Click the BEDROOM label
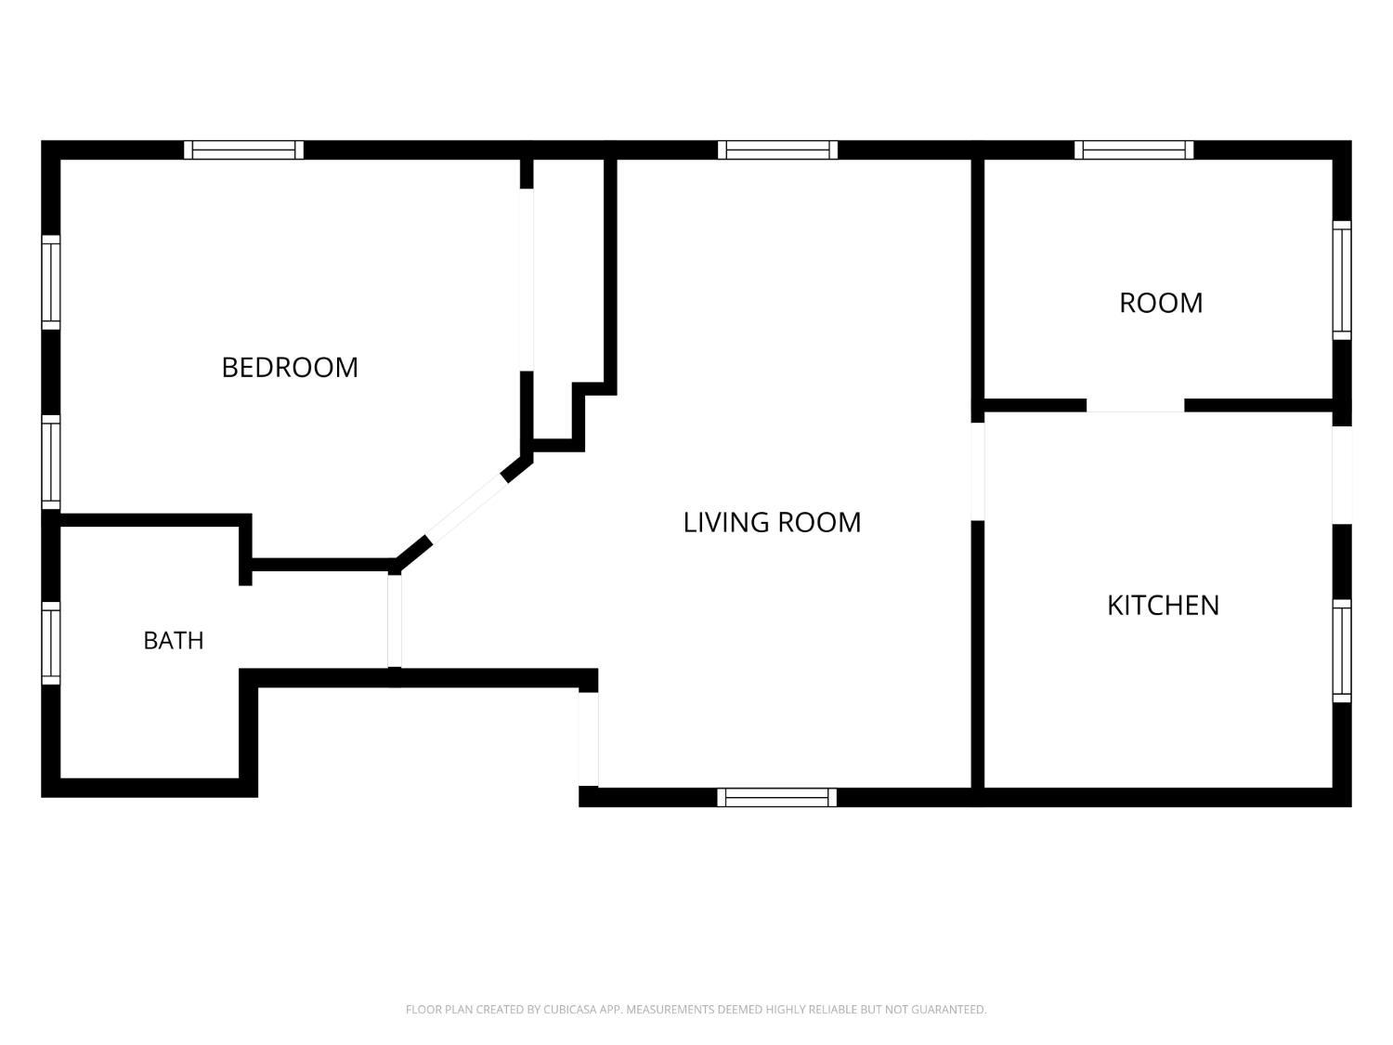click(x=290, y=367)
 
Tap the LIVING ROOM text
click(x=772, y=522)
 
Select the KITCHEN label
click(x=1163, y=606)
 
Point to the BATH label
click(x=174, y=641)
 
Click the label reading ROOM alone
click(x=1161, y=304)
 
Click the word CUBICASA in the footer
click(x=568, y=1009)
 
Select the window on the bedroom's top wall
click(x=243, y=150)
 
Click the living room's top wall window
click(x=777, y=150)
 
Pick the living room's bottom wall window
click(x=776, y=798)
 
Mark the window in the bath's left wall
click(x=51, y=644)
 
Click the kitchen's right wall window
click(x=1342, y=651)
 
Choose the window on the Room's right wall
click(x=1342, y=281)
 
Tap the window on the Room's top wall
click(x=1134, y=150)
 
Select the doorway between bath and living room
click(x=395, y=621)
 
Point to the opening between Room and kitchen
click(x=1136, y=405)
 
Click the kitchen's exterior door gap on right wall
click(x=1342, y=476)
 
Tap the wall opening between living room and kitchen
click(x=978, y=472)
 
